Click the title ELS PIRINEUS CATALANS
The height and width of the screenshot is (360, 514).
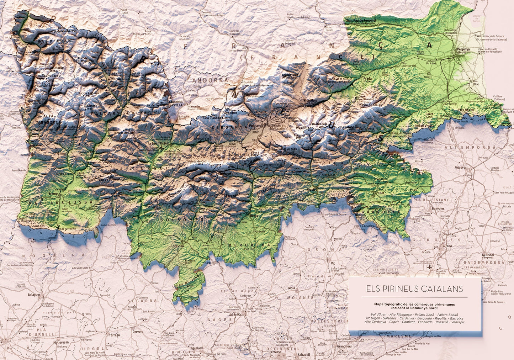click(x=415, y=288)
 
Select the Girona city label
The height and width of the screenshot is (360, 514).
click(x=447, y=246)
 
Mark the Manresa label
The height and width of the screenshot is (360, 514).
click(x=235, y=315)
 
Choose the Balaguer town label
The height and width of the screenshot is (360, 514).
click(x=35, y=295)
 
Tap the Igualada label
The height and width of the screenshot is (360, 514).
click(x=197, y=348)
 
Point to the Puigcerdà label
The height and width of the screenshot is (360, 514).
click(x=257, y=126)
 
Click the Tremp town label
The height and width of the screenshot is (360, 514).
click(x=53, y=194)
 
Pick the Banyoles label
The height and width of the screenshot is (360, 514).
click(x=438, y=208)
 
